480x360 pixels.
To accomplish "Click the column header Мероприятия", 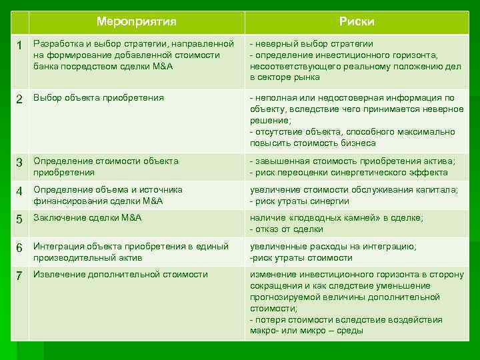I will click(136, 21).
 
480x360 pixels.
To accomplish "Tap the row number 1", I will click(20, 45).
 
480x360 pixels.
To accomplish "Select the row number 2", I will click(20, 99).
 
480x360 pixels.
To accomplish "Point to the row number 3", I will click(20, 162).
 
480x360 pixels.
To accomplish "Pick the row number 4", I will click(20, 191).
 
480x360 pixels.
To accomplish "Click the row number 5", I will click(20, 218).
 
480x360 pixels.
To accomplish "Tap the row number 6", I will click(20, 247).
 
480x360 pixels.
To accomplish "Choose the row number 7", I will click(20, 275).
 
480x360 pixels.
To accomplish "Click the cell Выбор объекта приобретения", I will click(99, 98).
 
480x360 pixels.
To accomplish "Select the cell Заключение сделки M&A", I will click(87, 217).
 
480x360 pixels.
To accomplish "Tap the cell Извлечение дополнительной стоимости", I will click(121, 274).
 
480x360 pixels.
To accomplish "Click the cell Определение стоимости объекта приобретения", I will click(106, 166).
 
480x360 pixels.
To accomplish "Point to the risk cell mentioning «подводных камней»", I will click(337, 223).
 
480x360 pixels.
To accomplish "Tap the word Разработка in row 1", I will click(57, 43).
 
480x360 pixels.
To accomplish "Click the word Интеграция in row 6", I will click(56, 246).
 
